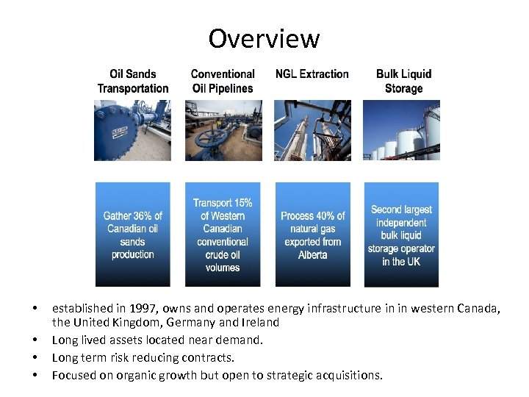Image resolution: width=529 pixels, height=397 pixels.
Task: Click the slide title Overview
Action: (264, 38)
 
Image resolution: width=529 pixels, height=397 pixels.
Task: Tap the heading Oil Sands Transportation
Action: (133, 81)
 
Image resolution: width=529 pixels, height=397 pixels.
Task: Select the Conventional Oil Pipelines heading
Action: (223, 81)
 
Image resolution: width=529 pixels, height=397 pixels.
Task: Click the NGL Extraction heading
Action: (312, 74)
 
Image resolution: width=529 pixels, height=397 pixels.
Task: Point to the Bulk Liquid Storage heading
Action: (403, 81)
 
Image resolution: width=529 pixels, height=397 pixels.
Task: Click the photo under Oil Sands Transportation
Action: (132, 130)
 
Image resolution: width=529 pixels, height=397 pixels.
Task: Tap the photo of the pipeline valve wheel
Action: (223, 130)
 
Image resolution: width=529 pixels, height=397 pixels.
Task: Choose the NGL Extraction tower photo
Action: (312, 130)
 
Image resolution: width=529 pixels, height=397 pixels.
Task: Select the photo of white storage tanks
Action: (401, 130)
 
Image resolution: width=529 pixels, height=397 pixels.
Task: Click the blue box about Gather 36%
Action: (133, 235)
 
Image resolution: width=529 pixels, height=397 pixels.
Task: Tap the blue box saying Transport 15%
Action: (223, 235)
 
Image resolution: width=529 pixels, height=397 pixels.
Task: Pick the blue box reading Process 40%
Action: (312, 235)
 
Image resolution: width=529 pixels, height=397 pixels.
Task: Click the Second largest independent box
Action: (401, 235)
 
